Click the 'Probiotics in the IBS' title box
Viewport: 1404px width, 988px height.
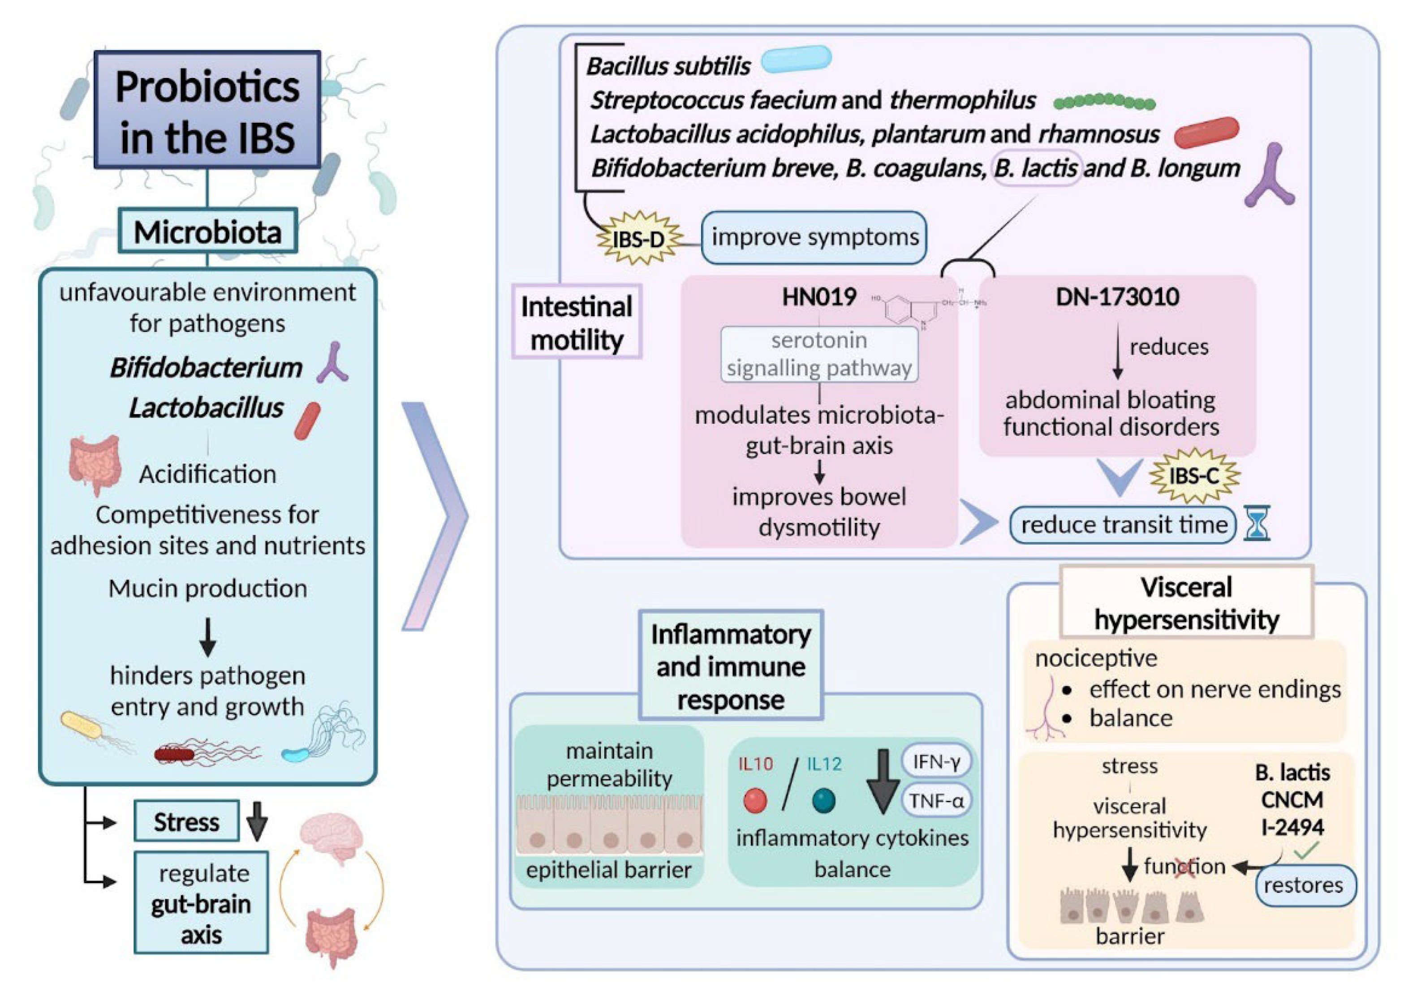207,110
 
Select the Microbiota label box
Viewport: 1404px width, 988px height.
207,231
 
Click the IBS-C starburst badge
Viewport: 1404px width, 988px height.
1193,476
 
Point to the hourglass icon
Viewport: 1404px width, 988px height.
1257,524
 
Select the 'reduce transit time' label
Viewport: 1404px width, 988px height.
1123,524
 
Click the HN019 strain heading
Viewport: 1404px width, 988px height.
819,297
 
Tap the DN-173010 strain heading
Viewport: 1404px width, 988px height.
1117,296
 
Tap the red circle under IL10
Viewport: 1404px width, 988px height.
755,800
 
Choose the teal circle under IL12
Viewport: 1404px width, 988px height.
824,800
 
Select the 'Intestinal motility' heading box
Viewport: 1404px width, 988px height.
577,322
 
